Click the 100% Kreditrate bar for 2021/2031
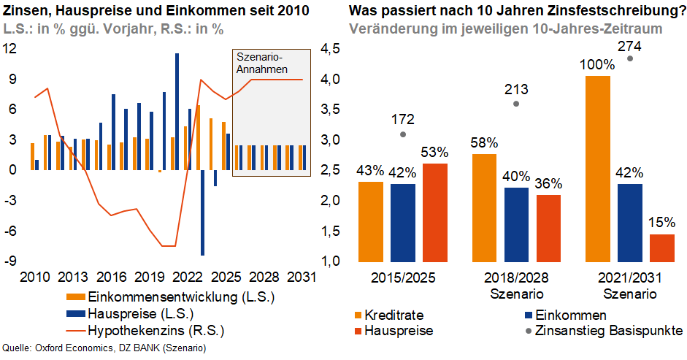coord(598,169)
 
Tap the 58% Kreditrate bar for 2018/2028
coord(484,208)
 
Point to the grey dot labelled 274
coord(630,58)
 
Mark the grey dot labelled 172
coord(404,134)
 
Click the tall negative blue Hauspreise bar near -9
coord(202,212)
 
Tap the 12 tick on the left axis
coord(10,49)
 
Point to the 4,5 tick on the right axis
coord(330,49)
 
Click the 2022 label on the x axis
coord(188,278)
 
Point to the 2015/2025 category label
coord(404,279)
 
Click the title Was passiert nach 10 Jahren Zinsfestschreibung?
coord(515,12)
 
